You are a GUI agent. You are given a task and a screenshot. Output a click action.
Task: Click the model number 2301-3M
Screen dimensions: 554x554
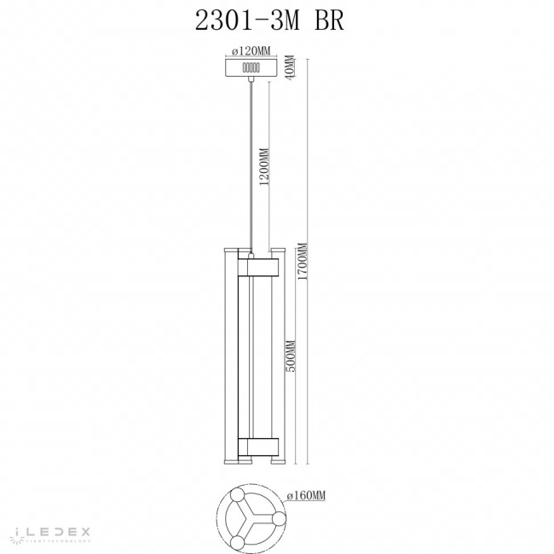[x=248, y=21]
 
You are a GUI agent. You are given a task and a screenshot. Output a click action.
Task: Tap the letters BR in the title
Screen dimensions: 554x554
[x=326, y=21]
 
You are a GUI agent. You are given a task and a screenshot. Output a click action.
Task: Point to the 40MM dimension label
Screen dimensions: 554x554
[x=289, y=66]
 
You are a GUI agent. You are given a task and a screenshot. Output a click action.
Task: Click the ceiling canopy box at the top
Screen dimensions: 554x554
[x=251, y=66]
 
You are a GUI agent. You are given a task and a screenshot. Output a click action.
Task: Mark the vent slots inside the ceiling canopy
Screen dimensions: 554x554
[x=251, y=66]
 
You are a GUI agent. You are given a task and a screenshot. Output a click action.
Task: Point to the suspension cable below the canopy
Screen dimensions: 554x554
[x=251, y=162]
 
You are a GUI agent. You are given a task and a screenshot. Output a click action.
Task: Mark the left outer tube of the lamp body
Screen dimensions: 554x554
[x=226, y=358]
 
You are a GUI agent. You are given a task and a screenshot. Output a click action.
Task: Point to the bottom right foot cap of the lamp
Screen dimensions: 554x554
[x=276, y=461]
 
